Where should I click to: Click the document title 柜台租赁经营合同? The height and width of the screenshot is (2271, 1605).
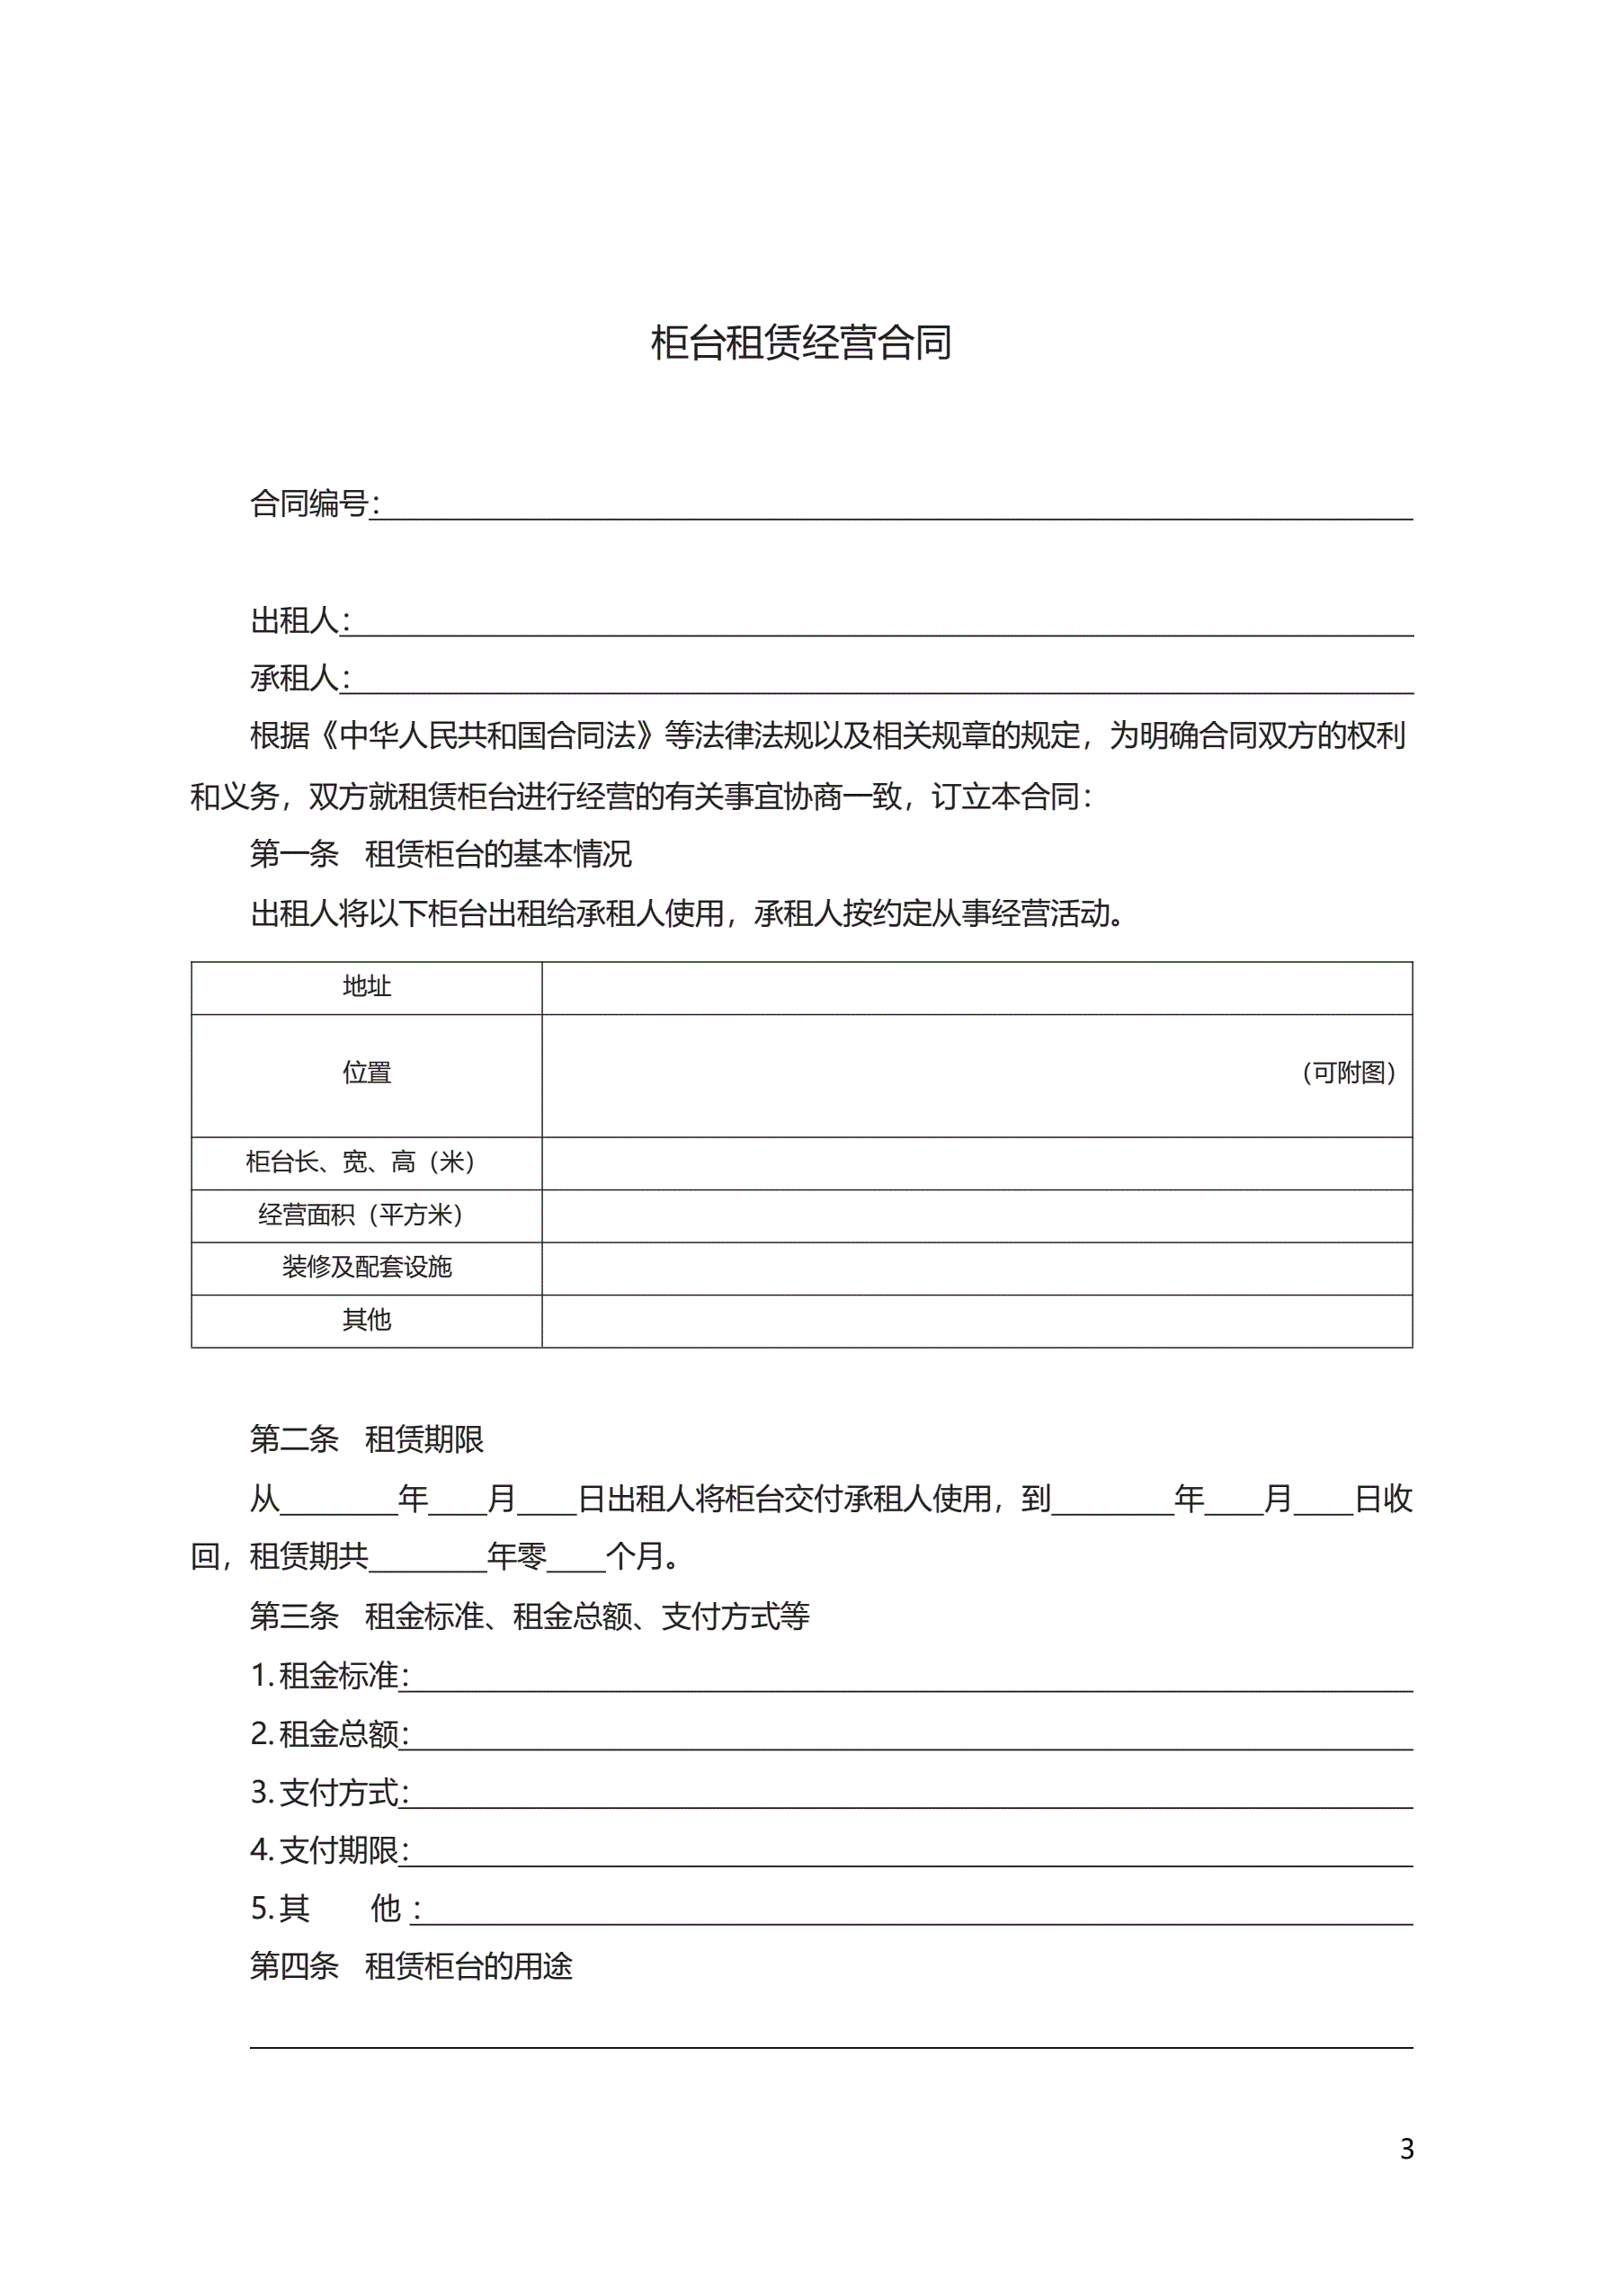click(801, 343)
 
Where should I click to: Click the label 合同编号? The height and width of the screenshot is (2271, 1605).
click(308, 504)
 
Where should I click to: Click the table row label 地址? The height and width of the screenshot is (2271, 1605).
click(366, 986)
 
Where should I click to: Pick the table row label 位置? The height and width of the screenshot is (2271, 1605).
click(366, 1073)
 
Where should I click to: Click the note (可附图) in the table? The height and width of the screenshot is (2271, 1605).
click(1349, 1073)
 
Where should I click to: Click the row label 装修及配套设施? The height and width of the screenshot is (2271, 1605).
click(366, 1267)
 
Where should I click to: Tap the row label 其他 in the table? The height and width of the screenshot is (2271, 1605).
click(366, 1320)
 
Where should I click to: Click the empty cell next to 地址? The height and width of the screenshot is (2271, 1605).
click(976, 987)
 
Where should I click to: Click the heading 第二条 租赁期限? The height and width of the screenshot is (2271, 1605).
click(366, 1440)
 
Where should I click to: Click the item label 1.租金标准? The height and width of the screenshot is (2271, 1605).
click(326, 1676)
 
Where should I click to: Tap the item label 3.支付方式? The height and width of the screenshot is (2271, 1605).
click(326, 1793)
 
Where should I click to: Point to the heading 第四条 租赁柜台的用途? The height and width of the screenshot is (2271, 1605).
click(411, 1966)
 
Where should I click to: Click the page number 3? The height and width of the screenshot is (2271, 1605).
click(1406, 2149)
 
